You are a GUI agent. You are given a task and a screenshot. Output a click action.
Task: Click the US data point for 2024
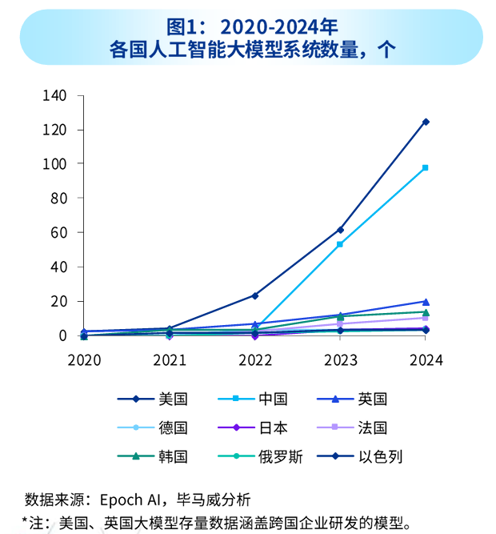click(426, 122)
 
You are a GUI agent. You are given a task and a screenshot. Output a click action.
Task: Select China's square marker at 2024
click(426, 167)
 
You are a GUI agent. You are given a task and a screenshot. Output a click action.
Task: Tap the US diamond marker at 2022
click(254, 295)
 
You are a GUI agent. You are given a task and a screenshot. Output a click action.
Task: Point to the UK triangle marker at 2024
click(426, 301)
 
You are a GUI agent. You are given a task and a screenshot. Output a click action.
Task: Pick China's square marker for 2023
click(340, 244)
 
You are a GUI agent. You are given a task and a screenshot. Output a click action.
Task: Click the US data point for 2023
click(340, 230)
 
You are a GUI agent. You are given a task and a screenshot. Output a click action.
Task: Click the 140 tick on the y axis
click(55, 95)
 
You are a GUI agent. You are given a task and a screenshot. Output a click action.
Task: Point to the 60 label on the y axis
click(58, 232)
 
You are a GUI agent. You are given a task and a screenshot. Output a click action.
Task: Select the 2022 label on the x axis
click(254, 360)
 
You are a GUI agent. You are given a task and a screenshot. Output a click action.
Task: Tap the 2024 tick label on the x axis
click(426, 360)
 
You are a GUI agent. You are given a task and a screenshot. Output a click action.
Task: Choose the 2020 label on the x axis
click(83, 360)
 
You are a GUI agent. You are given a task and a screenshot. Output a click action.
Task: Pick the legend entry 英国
click(373, 399)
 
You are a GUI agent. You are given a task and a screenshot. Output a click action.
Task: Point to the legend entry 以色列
click(380, 457)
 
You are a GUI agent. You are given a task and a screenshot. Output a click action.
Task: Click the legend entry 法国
click(373, 428)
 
